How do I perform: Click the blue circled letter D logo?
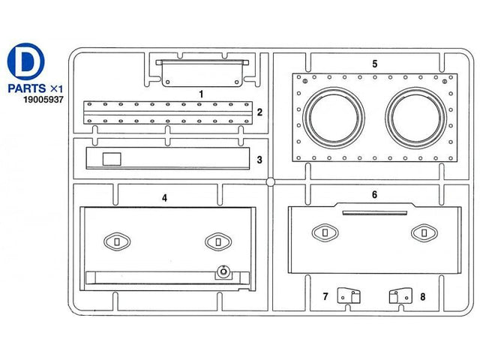(x=26, y=61)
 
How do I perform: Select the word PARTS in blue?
(x=27, y=88)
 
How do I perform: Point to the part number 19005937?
(x=43, y=100)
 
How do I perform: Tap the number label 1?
(x=201, y=94)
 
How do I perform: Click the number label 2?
(x=259, y=112)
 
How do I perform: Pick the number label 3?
(x=259, y=160)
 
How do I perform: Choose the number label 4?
(x=165, y=198)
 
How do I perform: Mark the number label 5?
(x=375, y=64)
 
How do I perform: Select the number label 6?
(x=375, y=195)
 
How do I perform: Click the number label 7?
(x=325, y=296)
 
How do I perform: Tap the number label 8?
(x=423, y=297)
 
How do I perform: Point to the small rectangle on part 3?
(x=112, y=159)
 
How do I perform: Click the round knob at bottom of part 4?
(x=223, y=271)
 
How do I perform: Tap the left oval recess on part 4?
(x=117, y=241)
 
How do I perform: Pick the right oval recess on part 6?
(x=424, y=233)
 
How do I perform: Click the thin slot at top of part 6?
(x=375, y=213)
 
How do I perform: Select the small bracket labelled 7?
(x=349, y=295)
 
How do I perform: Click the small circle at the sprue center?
(x=270, y=181)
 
